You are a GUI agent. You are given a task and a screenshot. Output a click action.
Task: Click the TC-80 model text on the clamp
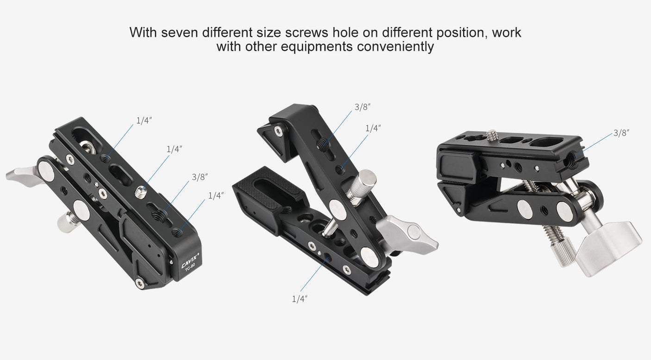point(190,267)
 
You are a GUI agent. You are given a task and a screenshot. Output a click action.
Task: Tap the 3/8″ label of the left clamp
point(200,177)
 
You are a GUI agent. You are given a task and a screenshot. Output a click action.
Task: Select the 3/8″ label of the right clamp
point(621,133)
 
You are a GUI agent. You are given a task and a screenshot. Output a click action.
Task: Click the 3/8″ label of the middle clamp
point(363,107)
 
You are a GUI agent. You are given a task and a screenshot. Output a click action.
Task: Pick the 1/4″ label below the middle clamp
point(300,299)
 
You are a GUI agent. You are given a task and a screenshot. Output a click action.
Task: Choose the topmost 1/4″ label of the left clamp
point(144,121)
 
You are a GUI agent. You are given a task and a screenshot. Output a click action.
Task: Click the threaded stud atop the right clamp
point(492,136)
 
